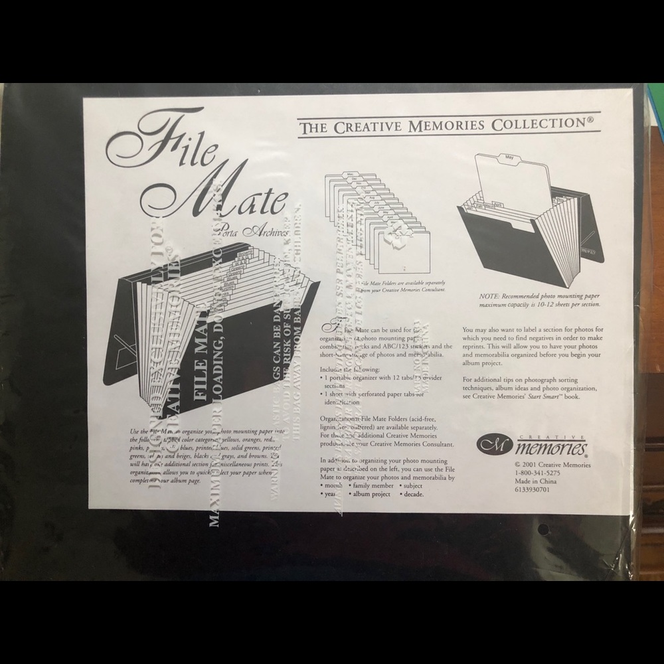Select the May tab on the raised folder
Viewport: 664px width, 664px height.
point(509,158)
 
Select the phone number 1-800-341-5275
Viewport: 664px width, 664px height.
point(538,473)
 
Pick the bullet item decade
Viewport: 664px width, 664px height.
point(412,494)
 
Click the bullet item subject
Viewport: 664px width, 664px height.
point(415,485)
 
